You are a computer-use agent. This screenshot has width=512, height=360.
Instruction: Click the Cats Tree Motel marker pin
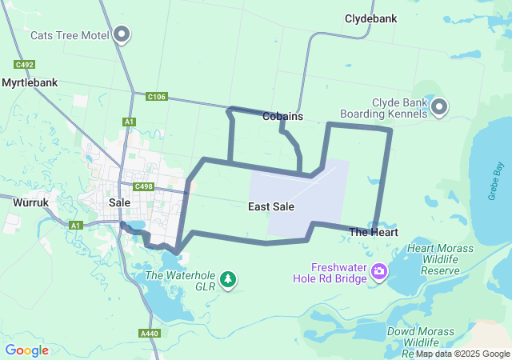[x=122, y=34]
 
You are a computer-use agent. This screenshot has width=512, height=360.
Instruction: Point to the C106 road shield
[x=157, y=97]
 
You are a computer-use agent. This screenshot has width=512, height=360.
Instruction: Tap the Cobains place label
[x=282, y=116]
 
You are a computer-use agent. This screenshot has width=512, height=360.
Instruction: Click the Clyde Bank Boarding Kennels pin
[x=439, y=107]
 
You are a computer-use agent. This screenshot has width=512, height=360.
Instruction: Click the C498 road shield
[x=144, y=186]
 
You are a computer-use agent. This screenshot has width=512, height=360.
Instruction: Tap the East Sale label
[x=271, y=206]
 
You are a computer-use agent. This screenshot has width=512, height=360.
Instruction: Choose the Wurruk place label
[x=30, y=203]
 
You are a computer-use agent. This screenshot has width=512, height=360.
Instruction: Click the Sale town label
[x=119, y=203]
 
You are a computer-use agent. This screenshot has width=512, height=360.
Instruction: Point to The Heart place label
[x=374, y=232]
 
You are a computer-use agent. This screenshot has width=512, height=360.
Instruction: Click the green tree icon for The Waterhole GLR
[x=230, y=278]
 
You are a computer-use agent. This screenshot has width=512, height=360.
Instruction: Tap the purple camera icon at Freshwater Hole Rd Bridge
[x=379, y=273]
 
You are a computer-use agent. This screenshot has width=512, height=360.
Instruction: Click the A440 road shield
[x=149, y=333]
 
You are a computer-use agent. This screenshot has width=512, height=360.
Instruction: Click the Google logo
[x=26, y=350]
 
